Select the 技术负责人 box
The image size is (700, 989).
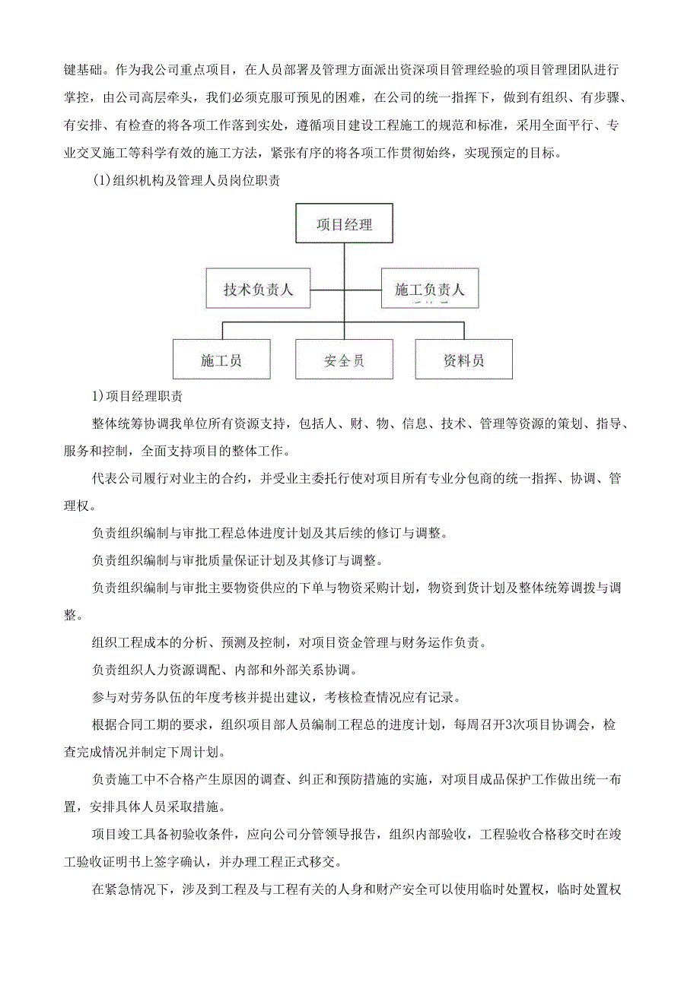pyautogui.click(x=258, y=289)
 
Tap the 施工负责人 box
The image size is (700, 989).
pyautogui.click(x=430, y=289)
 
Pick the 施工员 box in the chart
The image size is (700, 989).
pyautogui.click(x=221, y=360)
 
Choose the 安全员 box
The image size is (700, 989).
pyautogui.click(x=344, y=360)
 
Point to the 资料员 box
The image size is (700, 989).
pyautogui.click(x=464, y=360)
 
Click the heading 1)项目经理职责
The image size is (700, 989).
pyautogui.click(x=136, y=397)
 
